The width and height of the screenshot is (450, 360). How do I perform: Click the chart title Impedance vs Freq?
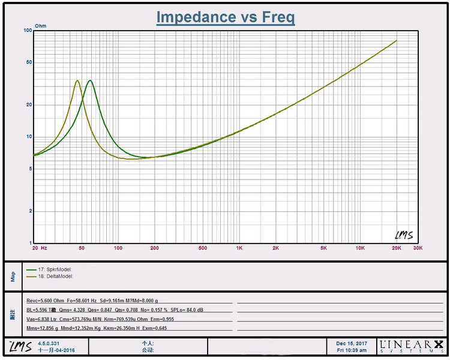(225, 17)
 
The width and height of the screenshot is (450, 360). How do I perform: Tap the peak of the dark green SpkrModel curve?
(90, 80)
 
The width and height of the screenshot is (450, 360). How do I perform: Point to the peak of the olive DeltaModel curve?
(77, 80)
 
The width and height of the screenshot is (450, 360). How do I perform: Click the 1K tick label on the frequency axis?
(239, 247)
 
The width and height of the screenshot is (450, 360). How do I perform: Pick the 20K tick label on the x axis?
(396, 247)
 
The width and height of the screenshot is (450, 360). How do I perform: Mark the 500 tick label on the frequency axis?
(203, 247)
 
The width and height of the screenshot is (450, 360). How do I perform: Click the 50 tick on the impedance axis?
(28, 62)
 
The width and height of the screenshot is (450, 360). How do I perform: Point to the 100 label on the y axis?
(27, 30)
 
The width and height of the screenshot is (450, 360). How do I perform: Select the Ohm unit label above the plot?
(40, 26)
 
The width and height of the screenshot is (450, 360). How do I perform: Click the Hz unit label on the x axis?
(44, 247)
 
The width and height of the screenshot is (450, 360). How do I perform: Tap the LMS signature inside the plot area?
(404, 234)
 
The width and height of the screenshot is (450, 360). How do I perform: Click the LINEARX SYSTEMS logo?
(412, 346)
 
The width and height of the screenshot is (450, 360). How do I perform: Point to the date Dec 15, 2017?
(352, 343)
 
